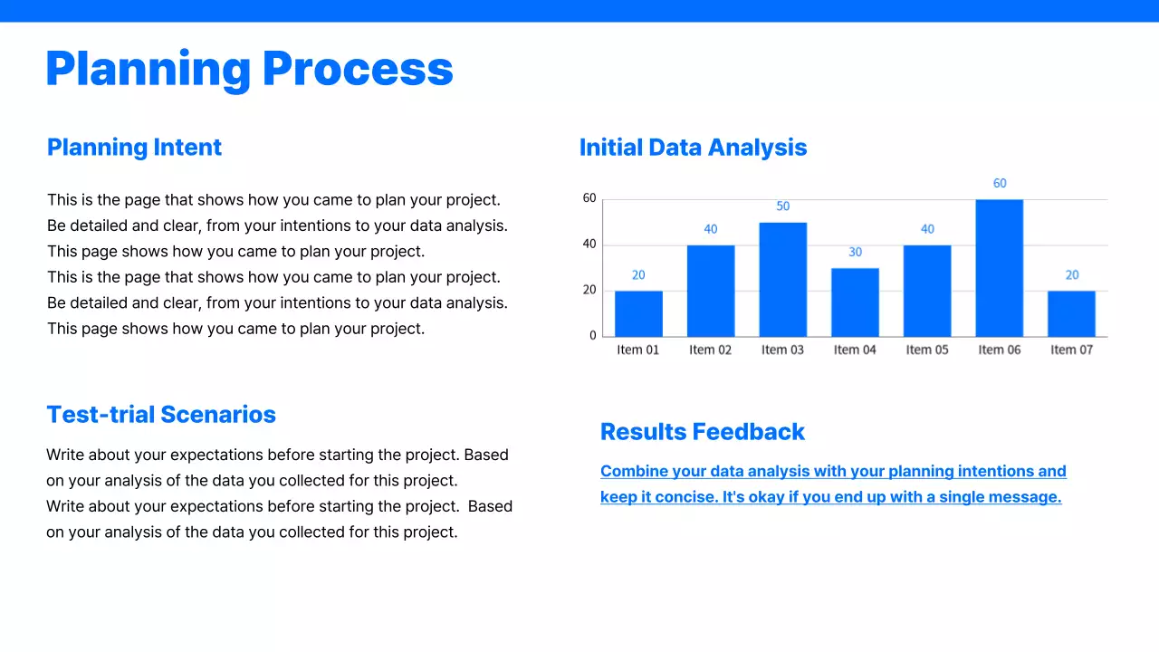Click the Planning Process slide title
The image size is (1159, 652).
click(x=249, y=69)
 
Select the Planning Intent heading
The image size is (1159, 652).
click(x=134, y=148)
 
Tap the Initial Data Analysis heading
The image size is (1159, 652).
click(x=693, y=148)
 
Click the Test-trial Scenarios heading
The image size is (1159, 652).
click(x=161, y=415)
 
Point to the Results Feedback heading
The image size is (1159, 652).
click(x=702, y=432)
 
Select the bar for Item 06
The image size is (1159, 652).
click(x=999, y=268)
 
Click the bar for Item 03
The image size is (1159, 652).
click(x=782, y=280)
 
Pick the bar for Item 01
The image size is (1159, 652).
click(x=638, y=313)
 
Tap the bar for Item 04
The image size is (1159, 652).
click(x=855, y=302)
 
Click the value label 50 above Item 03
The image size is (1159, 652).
click(x=782, y=206)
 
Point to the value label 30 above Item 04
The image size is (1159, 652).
click(x=855, y=252)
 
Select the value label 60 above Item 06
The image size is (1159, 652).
click(x=999, y=183)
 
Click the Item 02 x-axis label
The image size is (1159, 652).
click(x=710, y=350)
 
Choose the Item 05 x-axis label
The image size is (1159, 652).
click(x=927, y=350)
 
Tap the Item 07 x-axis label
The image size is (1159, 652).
click(x=1071, y=350)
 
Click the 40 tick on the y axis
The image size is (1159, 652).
click(x=589, y=244)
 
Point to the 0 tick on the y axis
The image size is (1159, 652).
click(x=593, y=335)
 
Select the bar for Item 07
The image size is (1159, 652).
click(x=1071, y=313)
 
